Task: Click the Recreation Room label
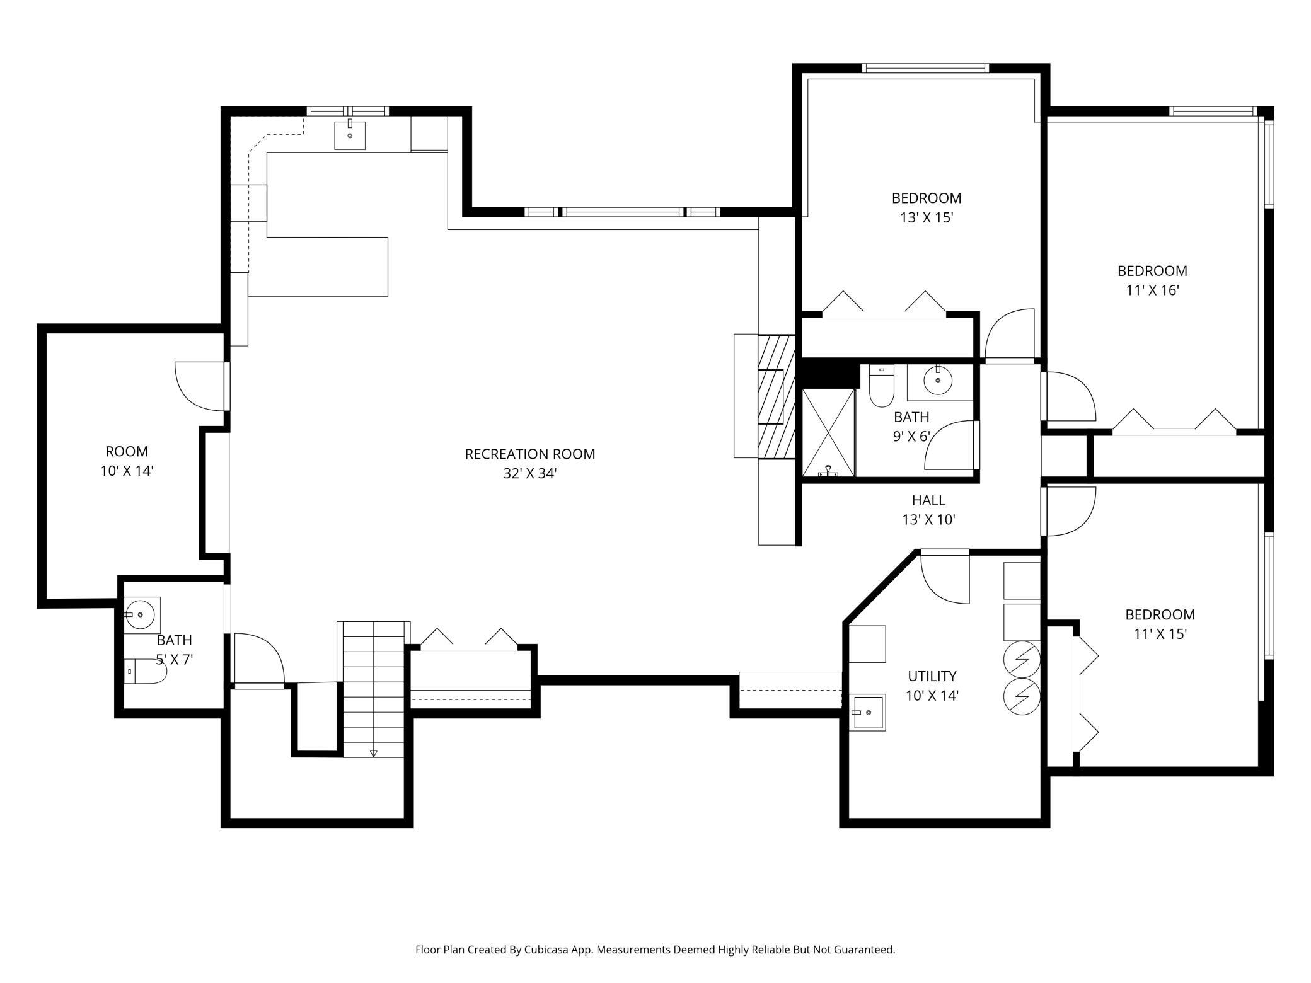[x=529, y=454]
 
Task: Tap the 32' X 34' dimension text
[x=529, y=474]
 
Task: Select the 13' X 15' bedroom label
[x=926, y=218]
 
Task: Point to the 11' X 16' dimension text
[x=1152, y=290]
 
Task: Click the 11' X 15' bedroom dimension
[x=1160, y=634]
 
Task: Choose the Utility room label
[x=932, y=676]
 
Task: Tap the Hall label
[x=928, y=500]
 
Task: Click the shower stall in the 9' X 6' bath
[x=828, y=432]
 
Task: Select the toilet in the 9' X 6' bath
[x=881, y=385]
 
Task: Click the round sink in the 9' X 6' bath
[x=938, y=380]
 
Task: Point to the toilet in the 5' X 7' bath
[x=145, y=672]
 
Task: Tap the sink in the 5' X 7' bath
[x=141, y=613]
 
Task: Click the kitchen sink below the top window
[x=350, y=135]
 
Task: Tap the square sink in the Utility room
[x=868, y=713]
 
